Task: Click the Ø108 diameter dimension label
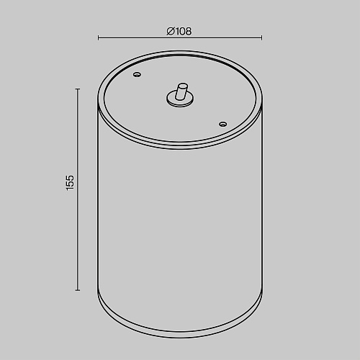(x=179, y=31)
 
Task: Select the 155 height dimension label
(x=70, y=183)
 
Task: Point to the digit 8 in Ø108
(x=188, y=31)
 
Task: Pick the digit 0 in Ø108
(x=181, y=31)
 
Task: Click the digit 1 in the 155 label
(x=70, y=189)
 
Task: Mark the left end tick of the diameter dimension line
(x=98, y=37)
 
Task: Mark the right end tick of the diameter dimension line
(x=262, y=37)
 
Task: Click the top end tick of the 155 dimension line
(x=78, y=89)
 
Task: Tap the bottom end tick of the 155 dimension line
(x=78, y=290)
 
